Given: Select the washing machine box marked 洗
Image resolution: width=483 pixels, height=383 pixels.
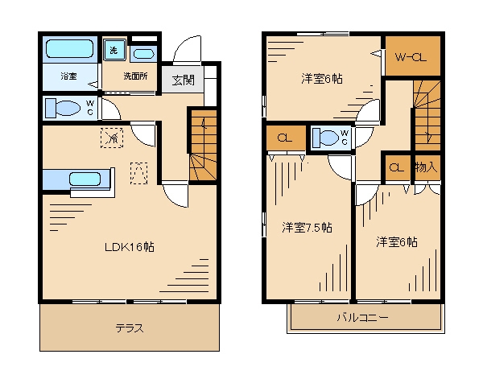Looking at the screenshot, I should (x=114, y=49).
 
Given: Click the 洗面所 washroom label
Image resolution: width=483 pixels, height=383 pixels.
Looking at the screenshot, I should (x=134, y=76).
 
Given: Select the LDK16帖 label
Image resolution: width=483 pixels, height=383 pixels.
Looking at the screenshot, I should (x=128, y=247).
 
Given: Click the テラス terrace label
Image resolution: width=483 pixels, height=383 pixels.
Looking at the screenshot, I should (x=129, y=328).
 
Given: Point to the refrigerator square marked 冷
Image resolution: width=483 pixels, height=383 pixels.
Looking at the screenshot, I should (x=112, y=138).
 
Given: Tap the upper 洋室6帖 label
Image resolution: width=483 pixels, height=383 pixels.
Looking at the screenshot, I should (x=322, y=78).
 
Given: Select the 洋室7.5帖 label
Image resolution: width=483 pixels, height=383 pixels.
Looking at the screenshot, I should (x=307, y=228).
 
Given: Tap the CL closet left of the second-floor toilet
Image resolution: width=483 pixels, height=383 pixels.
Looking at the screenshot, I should (x=284, y=137).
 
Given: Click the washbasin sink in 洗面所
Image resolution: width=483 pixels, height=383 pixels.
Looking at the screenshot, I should (x=143, y=54).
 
